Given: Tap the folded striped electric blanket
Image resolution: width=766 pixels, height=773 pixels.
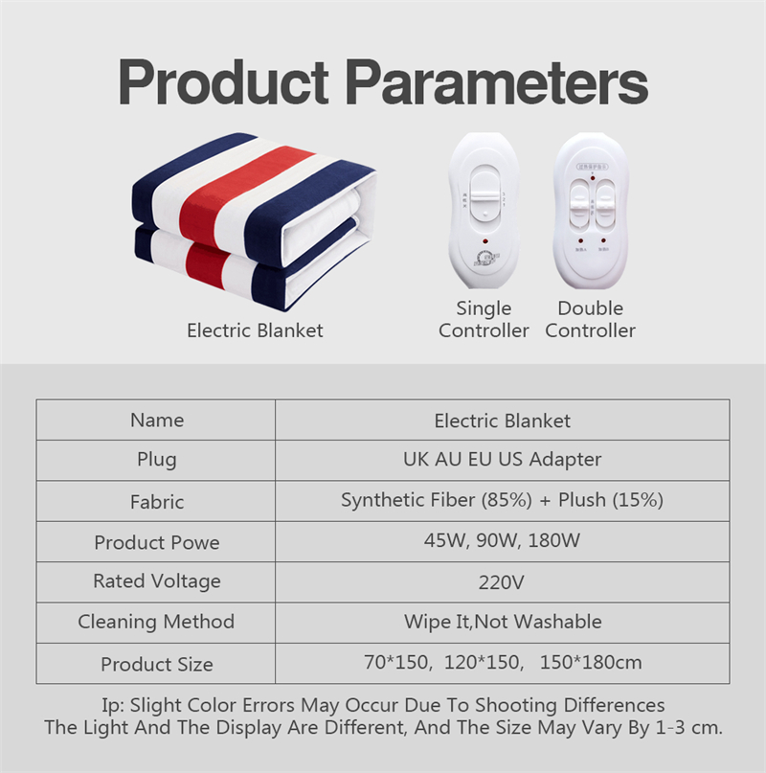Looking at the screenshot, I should [253, 223].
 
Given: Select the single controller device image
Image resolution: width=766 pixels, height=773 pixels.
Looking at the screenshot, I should [484, 211].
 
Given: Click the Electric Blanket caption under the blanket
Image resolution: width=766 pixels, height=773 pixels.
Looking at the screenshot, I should [255, 330].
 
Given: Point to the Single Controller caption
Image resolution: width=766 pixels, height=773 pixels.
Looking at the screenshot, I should [484, 320].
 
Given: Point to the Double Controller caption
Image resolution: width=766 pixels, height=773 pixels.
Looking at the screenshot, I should [590, 320].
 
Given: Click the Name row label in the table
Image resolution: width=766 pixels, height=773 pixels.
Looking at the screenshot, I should [157, 421].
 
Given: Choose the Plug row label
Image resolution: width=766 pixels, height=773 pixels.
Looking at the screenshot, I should [157, 460].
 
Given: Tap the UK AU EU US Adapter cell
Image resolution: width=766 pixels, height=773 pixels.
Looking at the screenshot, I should [503, 460].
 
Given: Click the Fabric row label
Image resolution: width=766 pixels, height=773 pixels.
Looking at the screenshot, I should [157, 502].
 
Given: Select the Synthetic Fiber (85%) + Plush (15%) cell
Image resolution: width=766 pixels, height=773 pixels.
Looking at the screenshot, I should [503, 501].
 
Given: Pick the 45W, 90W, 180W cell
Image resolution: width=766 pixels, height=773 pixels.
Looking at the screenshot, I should [503, 541].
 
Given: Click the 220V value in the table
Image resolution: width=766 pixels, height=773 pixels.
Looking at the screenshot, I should [503, 582].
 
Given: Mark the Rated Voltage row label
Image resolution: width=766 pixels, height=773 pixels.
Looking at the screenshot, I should [157, 581].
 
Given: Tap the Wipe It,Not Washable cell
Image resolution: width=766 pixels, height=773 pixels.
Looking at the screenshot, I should [503, 623].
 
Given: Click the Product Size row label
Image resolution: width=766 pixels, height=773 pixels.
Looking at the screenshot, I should [157, 664].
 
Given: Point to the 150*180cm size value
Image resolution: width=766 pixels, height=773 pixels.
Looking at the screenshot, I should [590, 663].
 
